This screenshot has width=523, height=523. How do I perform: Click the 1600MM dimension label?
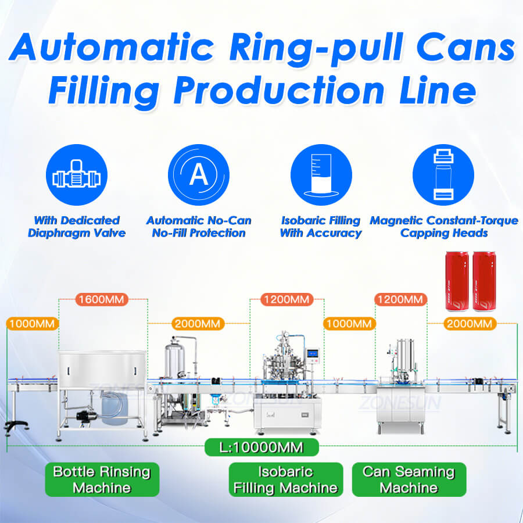102,300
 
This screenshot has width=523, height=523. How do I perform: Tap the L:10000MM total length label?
261,447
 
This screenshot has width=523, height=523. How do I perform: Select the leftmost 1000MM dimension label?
32,324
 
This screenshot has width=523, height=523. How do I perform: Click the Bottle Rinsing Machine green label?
102,479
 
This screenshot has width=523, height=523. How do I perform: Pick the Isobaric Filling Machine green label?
285,479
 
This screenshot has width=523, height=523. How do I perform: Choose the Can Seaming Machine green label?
409,479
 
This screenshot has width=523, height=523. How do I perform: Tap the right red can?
484,281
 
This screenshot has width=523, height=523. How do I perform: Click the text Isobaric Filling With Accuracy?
321,227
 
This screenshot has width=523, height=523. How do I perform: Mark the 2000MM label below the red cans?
470,324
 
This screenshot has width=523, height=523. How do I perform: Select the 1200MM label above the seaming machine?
400,300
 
